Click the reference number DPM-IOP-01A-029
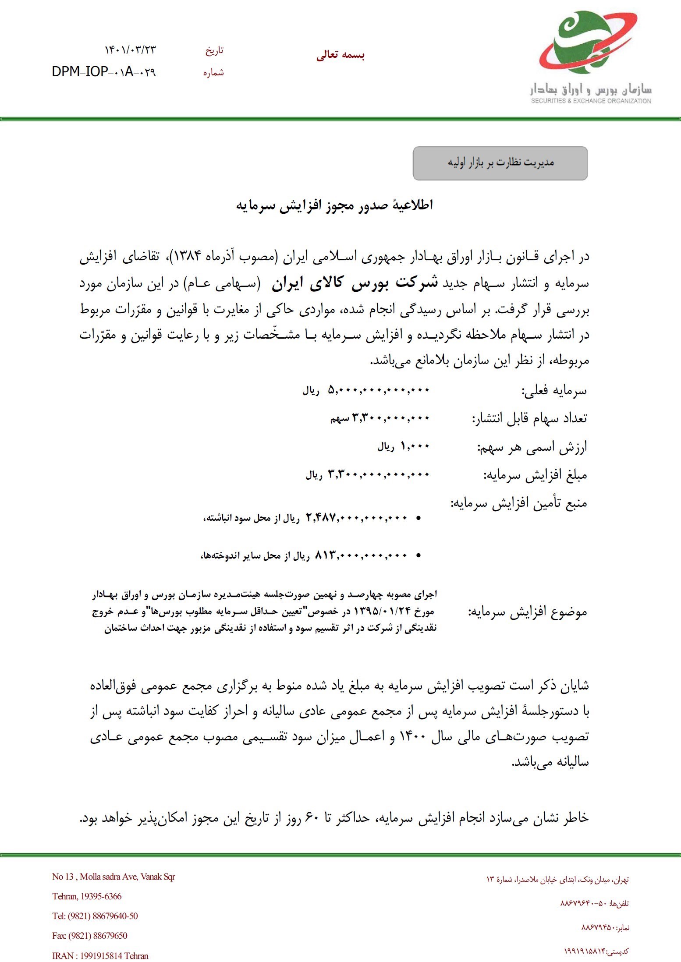pos(103,71)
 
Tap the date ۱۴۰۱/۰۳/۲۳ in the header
pos(130,50)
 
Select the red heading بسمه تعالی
pos(340,55)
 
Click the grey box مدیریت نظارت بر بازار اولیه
pos(500,163)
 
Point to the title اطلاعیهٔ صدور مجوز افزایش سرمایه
pos(334,205)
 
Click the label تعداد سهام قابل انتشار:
pos(529,419)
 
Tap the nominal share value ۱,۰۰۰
pos(415,446)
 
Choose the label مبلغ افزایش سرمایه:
pos(535,475)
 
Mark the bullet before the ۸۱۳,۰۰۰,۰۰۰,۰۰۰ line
pos(419,556)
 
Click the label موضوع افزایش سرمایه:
pos(528,612)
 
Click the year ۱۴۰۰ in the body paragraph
pos(408,737)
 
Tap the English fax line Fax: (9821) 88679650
pos(90,935)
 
